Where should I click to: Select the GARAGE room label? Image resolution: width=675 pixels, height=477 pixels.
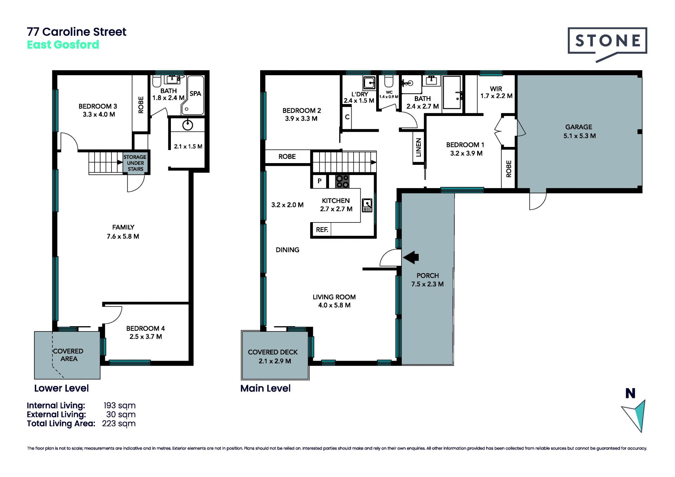click(x=579, y=127)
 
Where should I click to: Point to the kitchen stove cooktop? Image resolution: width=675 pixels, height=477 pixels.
click(x=342, y=181)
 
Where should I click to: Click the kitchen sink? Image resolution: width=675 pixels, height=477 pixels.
click(x=367, y=205)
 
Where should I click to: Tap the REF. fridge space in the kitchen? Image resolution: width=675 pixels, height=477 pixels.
click(x=322, y=230)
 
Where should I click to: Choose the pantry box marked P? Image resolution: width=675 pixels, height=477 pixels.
click(x=320, y=181)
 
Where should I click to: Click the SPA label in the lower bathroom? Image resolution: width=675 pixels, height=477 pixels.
click(x=195, y=94)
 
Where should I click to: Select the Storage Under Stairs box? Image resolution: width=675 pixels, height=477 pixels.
click(x=135, y=163)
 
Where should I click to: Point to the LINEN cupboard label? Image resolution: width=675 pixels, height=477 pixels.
click(x=418, y=147)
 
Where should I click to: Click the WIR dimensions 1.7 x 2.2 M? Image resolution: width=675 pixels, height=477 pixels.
click(x=496, y=96)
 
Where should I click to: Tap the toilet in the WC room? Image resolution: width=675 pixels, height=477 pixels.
click(x=388, y=81)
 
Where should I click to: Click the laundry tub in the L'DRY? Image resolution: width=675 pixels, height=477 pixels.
click(x=369, y=83)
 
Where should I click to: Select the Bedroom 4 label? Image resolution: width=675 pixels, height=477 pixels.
click(x=146, y=328)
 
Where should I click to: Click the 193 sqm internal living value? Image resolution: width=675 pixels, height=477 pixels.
click(x=120, y=405)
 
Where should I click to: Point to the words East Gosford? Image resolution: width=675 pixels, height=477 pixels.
click(x=63, y=45)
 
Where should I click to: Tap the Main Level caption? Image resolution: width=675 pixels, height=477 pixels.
click(x=265, y=388)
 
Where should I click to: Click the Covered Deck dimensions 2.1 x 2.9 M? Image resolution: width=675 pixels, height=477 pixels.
click(x=275, y=361)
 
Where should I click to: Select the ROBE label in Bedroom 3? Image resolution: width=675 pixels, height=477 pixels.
click(x=141, y=105)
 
